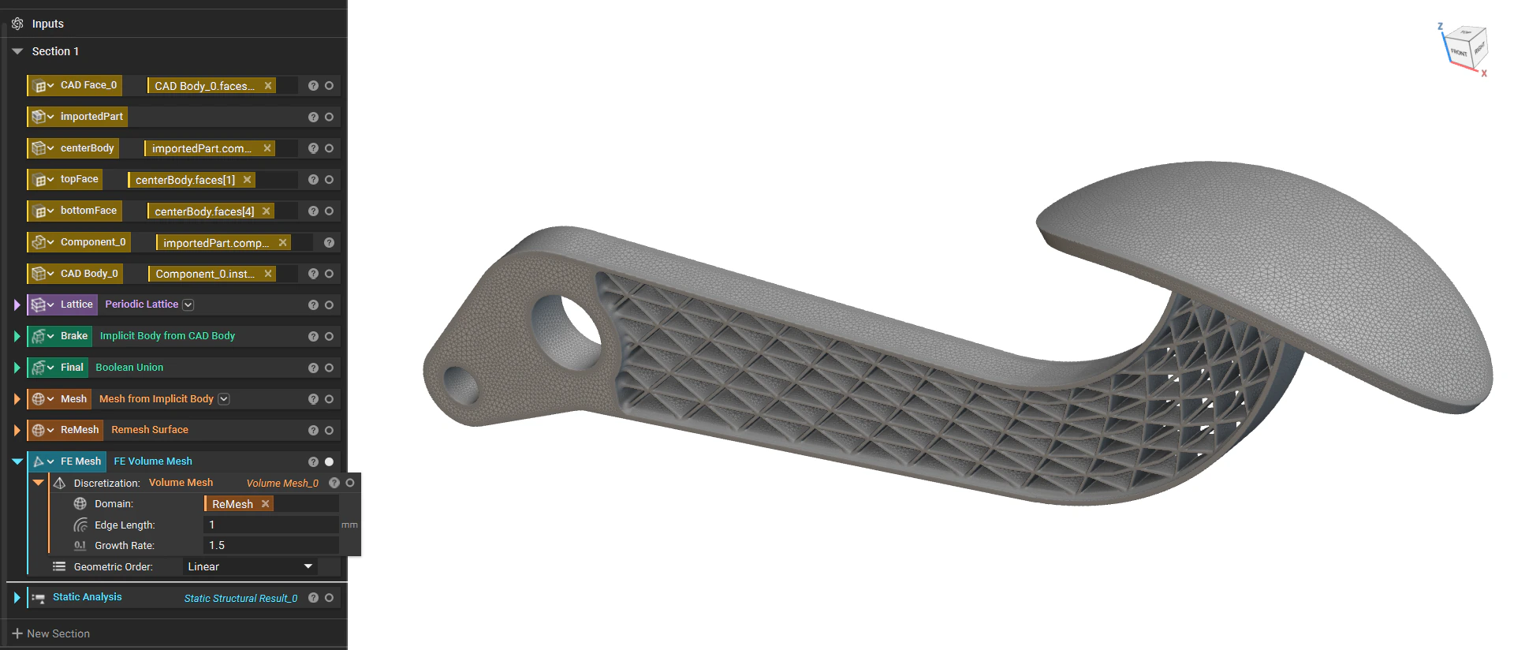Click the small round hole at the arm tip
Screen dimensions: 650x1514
pos(462,386)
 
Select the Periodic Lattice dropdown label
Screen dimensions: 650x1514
pos(142,304)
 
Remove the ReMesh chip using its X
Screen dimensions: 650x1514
pos(266,504)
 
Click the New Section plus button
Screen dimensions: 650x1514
pos(17,633)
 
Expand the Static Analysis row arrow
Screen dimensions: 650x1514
pos(17,598)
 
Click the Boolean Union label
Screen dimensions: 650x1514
pos(129,368)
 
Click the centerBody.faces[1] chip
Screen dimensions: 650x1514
pos(185,180)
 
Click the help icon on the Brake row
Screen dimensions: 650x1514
pos(313,336)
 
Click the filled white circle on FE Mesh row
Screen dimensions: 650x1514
pos(329,461)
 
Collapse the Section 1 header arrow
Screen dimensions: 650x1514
pos(17,51)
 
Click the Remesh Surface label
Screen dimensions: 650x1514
pos(150,430)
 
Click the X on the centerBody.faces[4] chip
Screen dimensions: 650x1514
pos(267,211)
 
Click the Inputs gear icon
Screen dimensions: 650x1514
pos(17,24)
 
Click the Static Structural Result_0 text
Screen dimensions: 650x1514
pos(241,599)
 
